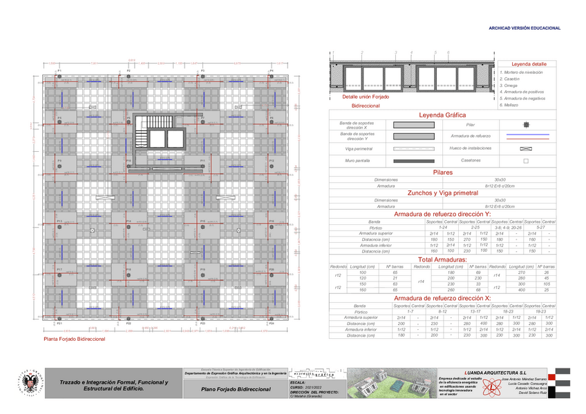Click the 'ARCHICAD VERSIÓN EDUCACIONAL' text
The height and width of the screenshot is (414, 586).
(x=524, y=28)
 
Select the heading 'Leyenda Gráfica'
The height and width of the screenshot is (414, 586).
(x=442, y=115)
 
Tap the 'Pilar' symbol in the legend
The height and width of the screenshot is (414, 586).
(x=526, y=124)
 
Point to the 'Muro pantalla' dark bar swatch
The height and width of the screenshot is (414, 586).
(x=410, y=160)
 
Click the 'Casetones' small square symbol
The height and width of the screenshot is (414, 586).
(x=526, y=160)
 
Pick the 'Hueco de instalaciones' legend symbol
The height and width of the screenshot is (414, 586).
(x=526, y=148)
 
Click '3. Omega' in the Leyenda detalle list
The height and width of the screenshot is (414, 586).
(x=509, y=86)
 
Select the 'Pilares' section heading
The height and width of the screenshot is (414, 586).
(x=442, y=171)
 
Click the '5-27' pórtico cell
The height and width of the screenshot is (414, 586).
(x=541, y=227)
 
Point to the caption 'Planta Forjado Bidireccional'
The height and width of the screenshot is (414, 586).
(x=75, y=339)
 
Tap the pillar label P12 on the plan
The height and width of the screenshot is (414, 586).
(x=272, y=161)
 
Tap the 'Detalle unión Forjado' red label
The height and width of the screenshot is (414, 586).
(x=361, y=97)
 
